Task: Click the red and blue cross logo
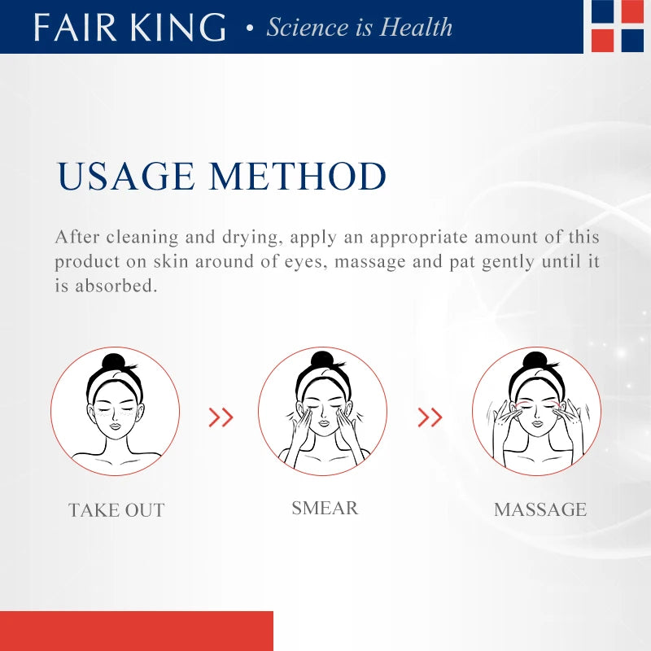[x=618, y=25]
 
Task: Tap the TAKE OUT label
[x=116, y=510]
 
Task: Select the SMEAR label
[x=325, y=508]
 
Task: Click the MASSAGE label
[x=540, y=509]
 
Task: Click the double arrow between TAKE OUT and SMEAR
[x=221, y=417]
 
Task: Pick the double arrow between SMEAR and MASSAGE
[x=430, y=417]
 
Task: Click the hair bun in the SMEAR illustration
[x=323, y=359]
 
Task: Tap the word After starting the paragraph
[x=76, y=237]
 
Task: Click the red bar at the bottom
[x=136, y=631]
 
